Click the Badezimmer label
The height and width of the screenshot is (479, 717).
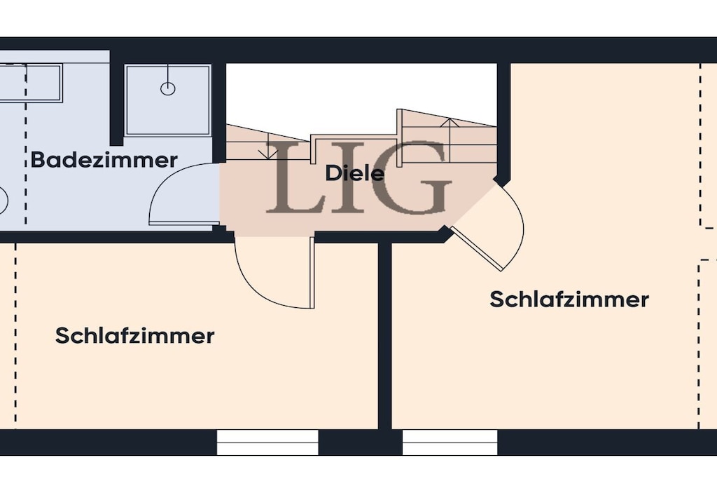click(104, 160)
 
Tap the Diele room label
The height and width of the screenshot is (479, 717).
click(354, 173)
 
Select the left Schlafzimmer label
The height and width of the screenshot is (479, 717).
click(135, 336)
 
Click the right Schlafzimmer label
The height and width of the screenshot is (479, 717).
click(569, 299)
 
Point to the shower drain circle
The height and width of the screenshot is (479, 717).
click(168, 88)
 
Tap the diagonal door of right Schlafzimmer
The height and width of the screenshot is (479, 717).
click(478, 248)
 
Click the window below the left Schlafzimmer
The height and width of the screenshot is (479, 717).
click(267, 443)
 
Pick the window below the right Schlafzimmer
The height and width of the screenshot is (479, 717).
click(450, 443)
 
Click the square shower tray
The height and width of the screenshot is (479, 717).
click(168, 100)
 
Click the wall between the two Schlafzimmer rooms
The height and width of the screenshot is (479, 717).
click(385, 336)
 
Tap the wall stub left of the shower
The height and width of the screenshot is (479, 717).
click(117, 98)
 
